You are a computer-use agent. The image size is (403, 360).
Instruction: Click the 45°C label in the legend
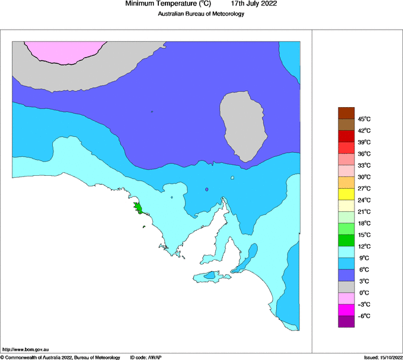coord(363,119)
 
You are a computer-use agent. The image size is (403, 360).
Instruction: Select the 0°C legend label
coord(363,293)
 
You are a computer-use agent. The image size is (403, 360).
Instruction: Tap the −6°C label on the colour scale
coord(363,316)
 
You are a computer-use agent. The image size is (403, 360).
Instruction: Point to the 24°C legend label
coord(363,200)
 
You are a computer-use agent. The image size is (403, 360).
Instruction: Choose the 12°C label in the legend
coord(363,246)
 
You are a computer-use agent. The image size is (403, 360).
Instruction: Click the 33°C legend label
coord(363,165)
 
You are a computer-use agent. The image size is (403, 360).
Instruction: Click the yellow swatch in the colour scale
coord(346,194)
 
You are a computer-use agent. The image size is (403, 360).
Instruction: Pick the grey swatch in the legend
coord(346,287)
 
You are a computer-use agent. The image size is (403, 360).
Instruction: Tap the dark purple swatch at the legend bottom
coord(346,322)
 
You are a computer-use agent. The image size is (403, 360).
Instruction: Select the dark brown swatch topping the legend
coord(346,112)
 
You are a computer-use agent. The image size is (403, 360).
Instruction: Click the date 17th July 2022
coord(254,4)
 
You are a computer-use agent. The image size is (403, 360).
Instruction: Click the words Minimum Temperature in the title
coord(160,4)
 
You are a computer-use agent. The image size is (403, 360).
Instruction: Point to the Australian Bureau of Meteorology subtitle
coord(201,14)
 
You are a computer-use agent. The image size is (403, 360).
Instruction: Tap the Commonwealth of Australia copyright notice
coord(60,357)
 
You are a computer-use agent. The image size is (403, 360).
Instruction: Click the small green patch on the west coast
coord(138,208)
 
